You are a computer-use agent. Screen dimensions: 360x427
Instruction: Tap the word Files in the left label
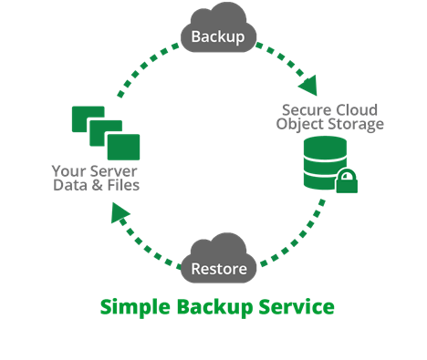tap(121, 185)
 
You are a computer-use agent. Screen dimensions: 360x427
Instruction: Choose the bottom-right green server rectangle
tap(123, 146)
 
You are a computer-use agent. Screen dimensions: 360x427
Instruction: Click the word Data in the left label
tap(69, 185)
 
